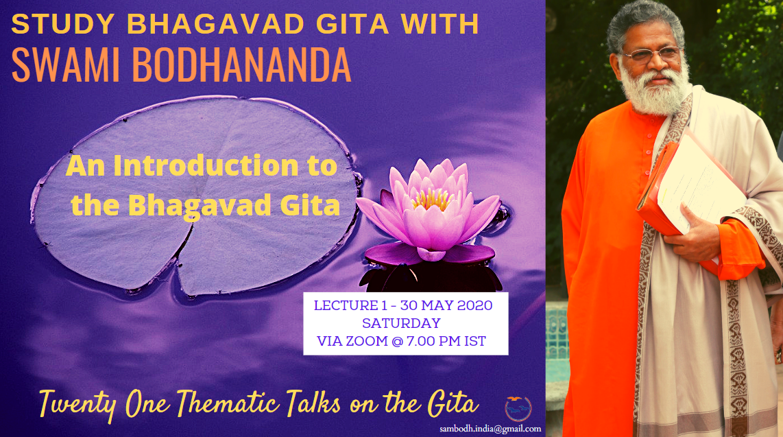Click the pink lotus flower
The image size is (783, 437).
(x=429, y=212)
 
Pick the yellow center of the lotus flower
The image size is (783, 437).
(x=433, y=199)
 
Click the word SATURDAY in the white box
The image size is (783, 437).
(x=402, y=323)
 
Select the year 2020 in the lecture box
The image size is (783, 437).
(x=474, y=305)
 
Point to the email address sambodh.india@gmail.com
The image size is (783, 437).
(x=490, y=429)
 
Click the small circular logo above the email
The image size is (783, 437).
(x=518, y=409)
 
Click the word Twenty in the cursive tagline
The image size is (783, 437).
(x=78, y=405)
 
